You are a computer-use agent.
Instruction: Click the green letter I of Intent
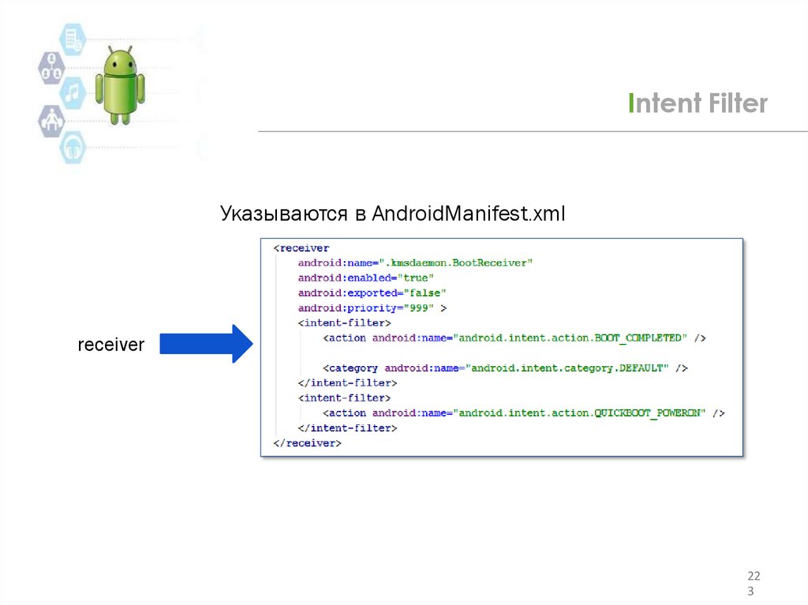tap(631, 103)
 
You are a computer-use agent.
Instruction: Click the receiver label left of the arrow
tap(110, 345)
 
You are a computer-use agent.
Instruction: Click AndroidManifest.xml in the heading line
tap(469, 214)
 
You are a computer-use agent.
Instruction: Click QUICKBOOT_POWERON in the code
tap(649, 413)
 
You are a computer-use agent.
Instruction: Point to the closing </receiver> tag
tap(307, 443)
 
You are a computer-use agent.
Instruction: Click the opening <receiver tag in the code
tap(301, 248)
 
